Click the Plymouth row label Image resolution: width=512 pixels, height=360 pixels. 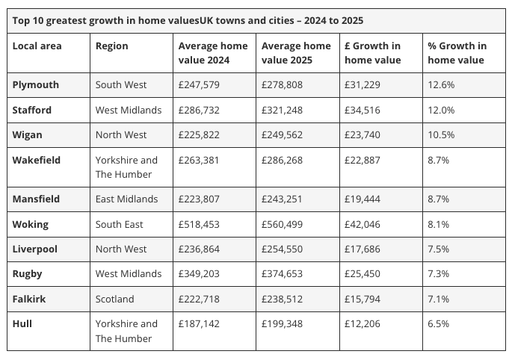coord(36,85)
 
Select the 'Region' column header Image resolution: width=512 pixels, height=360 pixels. coord(112,46)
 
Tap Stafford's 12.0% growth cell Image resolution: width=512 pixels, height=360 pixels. coord(441,110)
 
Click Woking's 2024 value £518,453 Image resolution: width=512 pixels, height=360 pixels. coord(199,224)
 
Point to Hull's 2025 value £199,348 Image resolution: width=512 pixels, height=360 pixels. coord(282,324)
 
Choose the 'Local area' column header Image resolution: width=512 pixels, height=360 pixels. coord(37,46)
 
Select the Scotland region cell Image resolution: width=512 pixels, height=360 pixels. coord(115,299)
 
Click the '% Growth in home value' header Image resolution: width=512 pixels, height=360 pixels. coord(457,53)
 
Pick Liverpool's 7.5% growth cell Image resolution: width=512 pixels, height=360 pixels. coord(438,249)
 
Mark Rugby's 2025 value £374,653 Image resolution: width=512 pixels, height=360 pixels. coord(282,274)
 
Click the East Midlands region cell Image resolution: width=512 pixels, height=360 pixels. coord(127,199)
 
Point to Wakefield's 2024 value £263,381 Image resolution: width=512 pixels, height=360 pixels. coord(199,160)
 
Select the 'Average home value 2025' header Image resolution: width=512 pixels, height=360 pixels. coord(296,53)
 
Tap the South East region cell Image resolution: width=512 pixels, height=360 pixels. coord(120,224)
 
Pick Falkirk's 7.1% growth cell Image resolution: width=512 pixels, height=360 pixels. coord(438,299)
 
